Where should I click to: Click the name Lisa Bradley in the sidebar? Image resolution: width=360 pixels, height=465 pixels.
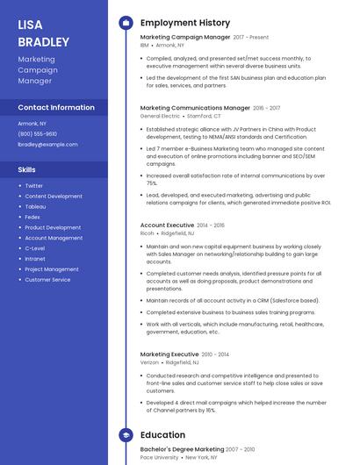click(x=43, y=32)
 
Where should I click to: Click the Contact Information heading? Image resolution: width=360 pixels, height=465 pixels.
click(x=56, y=107)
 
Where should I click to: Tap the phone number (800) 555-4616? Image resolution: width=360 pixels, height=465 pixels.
click(x=39, y=133)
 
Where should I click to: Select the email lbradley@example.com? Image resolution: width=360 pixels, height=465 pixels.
click(x=47, y=144)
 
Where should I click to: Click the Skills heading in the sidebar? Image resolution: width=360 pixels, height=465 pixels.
click(x=27, y=168)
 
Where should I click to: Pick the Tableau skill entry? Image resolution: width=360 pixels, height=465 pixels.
click(x=35, y=206)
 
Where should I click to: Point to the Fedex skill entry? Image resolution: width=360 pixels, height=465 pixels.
click(x=32, y=217)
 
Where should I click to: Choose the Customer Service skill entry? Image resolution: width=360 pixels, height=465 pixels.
click(x=47, y=280)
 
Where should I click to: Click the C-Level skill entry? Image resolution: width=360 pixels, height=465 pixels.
click(x=35, y=248)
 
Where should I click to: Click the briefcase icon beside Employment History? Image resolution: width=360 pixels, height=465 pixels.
click(x=126, y=23)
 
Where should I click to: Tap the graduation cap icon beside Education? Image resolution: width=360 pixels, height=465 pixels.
click(x=126, y=434)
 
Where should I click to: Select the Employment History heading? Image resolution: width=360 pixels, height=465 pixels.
click(x=184, y=23)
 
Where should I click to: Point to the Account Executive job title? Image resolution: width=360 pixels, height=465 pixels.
click(x=166, y=225)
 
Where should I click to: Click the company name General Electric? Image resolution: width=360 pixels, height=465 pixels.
click(x=160, y=116)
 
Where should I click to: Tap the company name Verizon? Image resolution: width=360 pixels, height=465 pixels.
click(x=149, y=362)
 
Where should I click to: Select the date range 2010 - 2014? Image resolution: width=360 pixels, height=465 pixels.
click(x=216, y=354)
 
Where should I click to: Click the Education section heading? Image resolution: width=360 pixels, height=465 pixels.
click(x=162, y=434)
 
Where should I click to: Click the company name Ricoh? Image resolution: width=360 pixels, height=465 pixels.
click(x=148, y=233)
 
